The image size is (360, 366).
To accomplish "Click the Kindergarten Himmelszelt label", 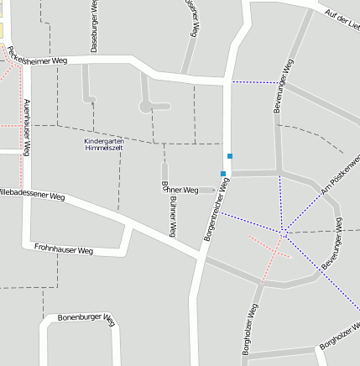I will (103, 144).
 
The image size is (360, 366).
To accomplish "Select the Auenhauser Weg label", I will (27, 127).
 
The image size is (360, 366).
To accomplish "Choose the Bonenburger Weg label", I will (85, 319).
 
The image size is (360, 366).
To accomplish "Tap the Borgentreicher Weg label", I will (217, 211).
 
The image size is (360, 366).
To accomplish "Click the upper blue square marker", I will (229, 156).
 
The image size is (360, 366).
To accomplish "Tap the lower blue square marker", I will (222, 174).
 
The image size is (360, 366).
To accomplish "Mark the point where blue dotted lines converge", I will (284, 233).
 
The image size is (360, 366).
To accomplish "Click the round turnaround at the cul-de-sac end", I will (147, 107).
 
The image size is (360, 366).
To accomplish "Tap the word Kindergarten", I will (103, 140).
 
